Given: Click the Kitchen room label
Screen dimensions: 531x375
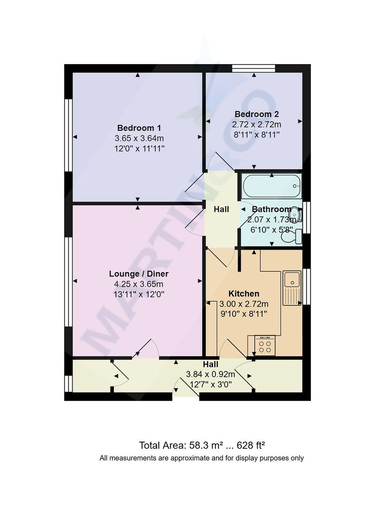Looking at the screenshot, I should tap(244, 293).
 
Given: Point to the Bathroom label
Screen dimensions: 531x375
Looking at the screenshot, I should tap(271, 209).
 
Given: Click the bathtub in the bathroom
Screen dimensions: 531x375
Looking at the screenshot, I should tap(271, 186).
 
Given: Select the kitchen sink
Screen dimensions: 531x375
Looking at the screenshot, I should tap(292, 280).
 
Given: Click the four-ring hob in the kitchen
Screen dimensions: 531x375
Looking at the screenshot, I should tap(265, 346).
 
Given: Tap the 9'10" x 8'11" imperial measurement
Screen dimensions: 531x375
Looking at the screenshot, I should tap(244, 314).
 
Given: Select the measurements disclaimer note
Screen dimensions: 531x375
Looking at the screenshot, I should tap(201, 458).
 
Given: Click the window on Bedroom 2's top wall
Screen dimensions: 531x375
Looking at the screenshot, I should tap(254, 68).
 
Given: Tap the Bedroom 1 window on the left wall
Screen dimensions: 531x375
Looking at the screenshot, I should tap(68, 135).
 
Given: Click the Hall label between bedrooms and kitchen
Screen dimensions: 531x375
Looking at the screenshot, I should tap(221, 209).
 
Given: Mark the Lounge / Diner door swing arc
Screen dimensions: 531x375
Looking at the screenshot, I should tap(148, 346).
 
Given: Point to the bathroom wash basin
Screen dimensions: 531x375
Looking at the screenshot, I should tap(298, 215).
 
